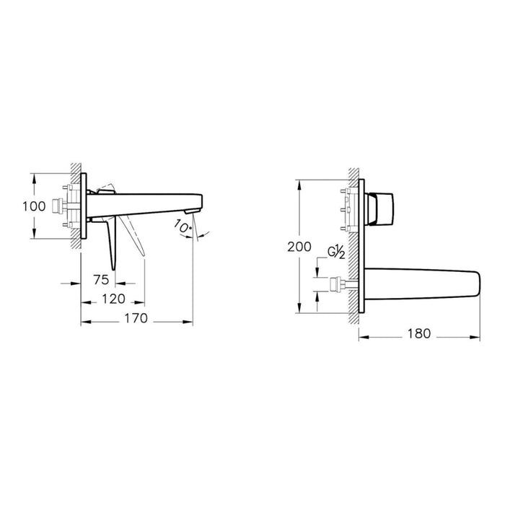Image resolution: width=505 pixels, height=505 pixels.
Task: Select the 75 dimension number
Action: click(100, 279)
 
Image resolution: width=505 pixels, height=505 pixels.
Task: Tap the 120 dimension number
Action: click(113, 298)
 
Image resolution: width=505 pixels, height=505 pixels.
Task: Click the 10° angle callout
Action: click(183, 227)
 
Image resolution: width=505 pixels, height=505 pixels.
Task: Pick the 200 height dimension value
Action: click(299, 247)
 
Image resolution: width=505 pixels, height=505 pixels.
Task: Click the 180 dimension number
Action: click(418, 333)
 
